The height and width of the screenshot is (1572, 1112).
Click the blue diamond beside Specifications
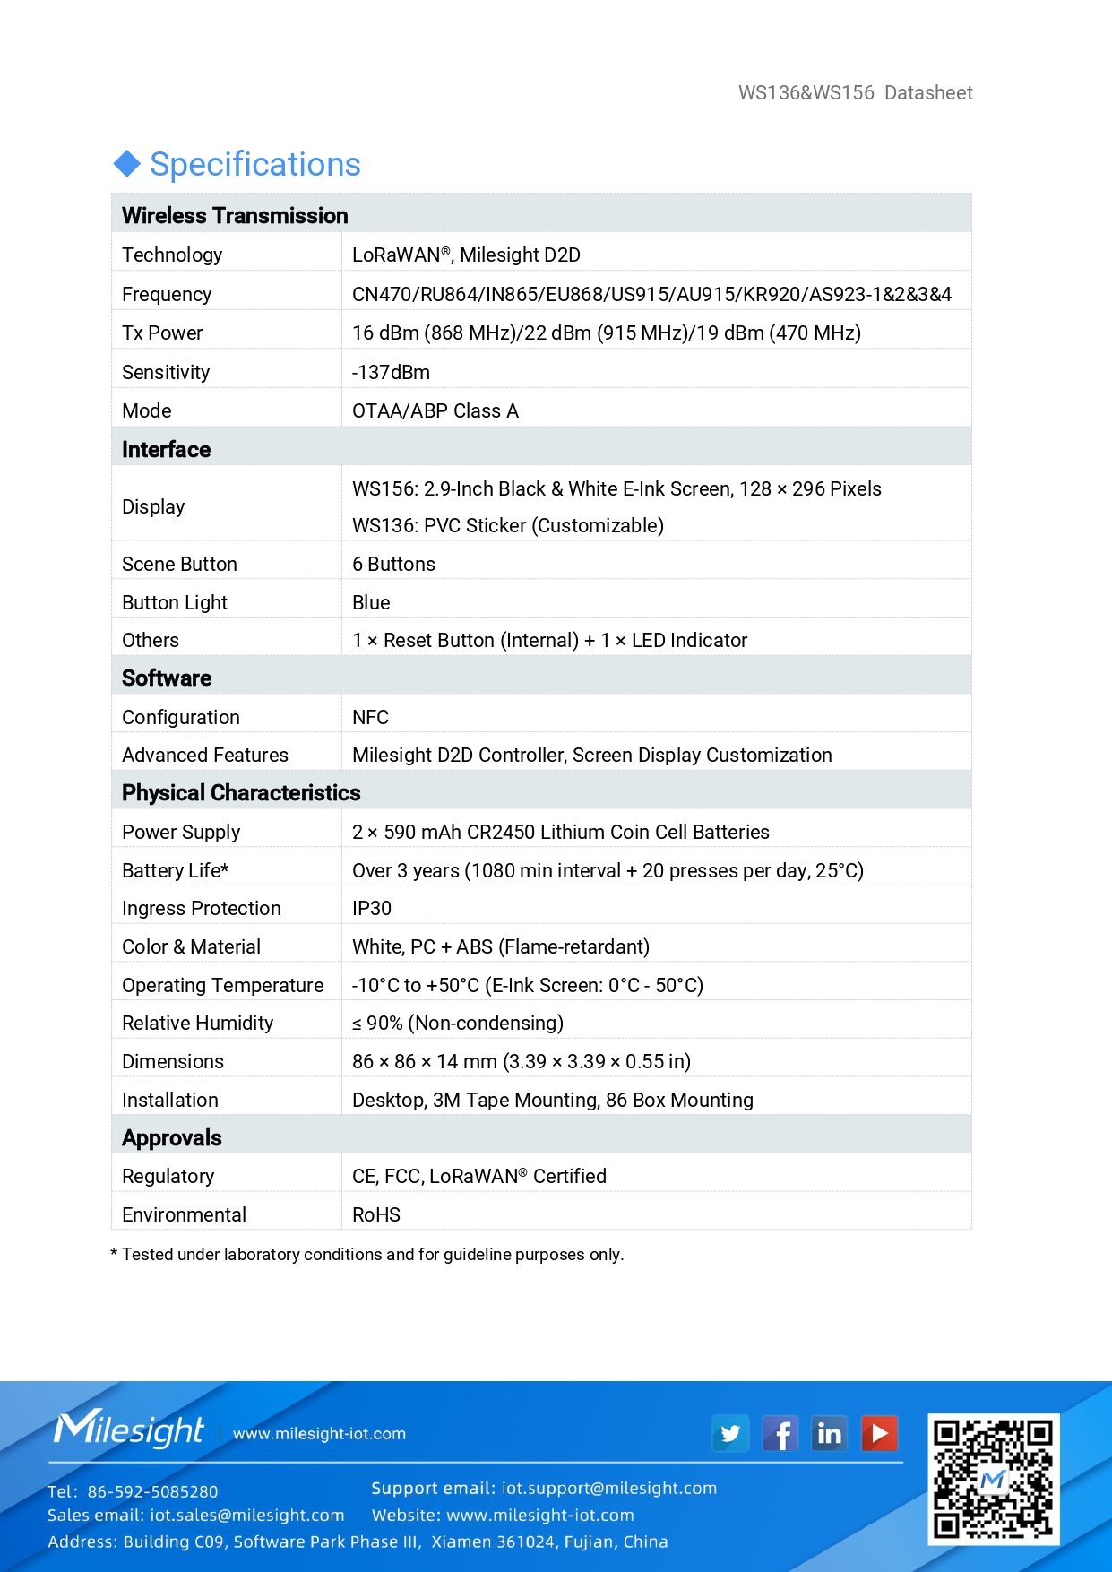pyautogui.click(x=127, y=164)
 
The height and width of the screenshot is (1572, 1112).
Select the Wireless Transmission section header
pyautogui.click(x=235, y=216)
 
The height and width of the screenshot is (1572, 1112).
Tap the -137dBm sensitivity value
pyautogui.click(x=391, y=372)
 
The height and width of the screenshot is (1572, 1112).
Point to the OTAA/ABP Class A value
pyautogui.click(x=435, y=411)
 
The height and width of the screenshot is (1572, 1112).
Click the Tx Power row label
pyautogui.click(x=162, y=333)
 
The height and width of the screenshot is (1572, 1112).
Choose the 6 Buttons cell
pyautogui.click(x=393, y=565)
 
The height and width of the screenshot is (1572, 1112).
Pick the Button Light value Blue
pyautogui.click(x=371, y=603)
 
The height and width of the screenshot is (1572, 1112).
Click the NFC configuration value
pyautogui.click(x=370, y=718)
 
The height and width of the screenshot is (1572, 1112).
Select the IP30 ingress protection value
pyautogui.click(x=372, y=909)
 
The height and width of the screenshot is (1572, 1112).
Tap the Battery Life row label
pyautogui.click(x=176, y=871)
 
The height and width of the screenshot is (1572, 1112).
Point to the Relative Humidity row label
pyautogui.click(x=197, y=1024)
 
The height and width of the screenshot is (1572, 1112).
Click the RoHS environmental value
pyautogui.click(x=376, y=1215)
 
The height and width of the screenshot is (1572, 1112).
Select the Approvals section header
pyautogui.click(x=172, y=1138)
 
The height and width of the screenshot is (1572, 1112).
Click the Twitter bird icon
pyautogui.click(x=730, y=1434)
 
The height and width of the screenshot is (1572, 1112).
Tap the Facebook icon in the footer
pyautogui.click(x=780, y=1434)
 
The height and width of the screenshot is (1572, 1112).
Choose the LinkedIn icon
pyautogui.click(x=830, y=1434)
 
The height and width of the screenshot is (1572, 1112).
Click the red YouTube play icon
pyautogui.click(x=880, y=1434)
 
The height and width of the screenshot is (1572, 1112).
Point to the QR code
pyautogui.click(x=993, y=1479)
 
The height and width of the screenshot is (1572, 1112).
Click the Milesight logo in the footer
pyautogui.click(x=129, y=1429)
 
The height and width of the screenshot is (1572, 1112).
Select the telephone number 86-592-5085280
pyautogui.click(x=152, y=1491)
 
